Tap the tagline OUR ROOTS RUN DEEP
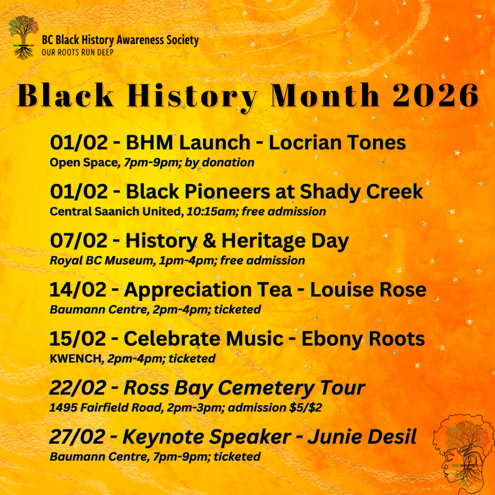pyautogui.click(x=78, y=52)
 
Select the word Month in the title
pyautogui.click(x=325, y=95)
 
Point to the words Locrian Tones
pyautogui.click(x=337, y=143)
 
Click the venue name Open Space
pyautogui.click(x=84, y=163)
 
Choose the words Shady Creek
pyautogui.click(x=361, y=192)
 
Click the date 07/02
pyautogui.click(x=79, y=241)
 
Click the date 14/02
pyautogui.click(x=78, y=290)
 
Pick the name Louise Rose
pyautogui.click(x=368, y=290)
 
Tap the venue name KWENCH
pyautogui.click(x=75, y=359)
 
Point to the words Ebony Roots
pyautogui.click(x=363, y=339)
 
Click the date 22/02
pyautogui.click(x=78, y=388)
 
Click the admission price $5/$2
pyautogui.click(x=306, y=408)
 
